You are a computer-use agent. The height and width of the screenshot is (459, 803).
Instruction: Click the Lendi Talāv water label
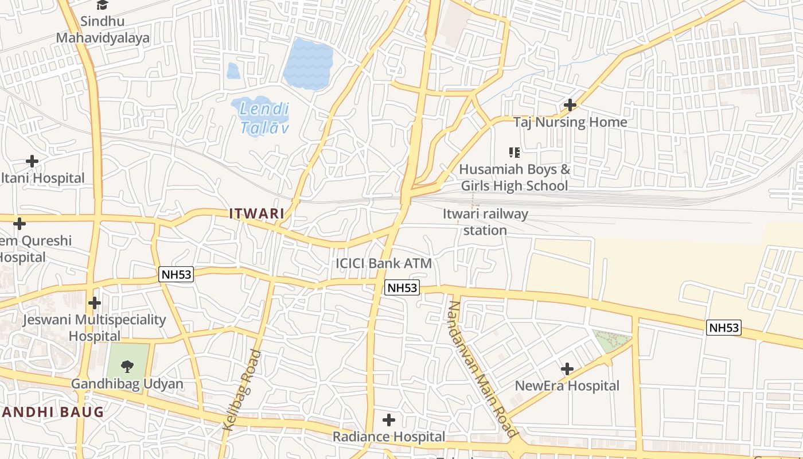264,118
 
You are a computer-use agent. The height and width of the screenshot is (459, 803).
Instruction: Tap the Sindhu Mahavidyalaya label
103,30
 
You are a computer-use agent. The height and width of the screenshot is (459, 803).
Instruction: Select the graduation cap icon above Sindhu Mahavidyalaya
102,5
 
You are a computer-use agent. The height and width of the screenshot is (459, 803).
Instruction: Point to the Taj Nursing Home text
570,122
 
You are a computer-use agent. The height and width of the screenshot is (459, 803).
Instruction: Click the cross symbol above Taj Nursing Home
570,105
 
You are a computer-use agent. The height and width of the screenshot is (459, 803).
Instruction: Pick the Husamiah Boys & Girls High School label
514,177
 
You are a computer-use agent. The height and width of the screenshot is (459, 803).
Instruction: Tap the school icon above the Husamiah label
514,153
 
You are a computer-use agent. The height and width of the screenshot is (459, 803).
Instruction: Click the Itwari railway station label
485,222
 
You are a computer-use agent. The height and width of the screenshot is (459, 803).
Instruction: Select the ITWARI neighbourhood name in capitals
257,213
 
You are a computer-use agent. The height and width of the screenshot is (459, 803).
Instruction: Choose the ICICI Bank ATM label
383,263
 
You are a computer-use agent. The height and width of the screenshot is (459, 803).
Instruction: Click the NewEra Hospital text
567,386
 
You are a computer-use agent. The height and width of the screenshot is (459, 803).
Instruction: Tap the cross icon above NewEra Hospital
567,368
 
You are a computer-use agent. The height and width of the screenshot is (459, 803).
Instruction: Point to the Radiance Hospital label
389,437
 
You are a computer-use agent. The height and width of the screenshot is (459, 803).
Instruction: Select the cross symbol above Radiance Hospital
389,421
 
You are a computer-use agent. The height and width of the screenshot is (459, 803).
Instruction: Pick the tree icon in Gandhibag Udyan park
127,365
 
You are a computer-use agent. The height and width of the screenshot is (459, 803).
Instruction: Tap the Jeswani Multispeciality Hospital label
94,328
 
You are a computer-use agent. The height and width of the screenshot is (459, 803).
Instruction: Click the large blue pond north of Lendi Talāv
308,63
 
